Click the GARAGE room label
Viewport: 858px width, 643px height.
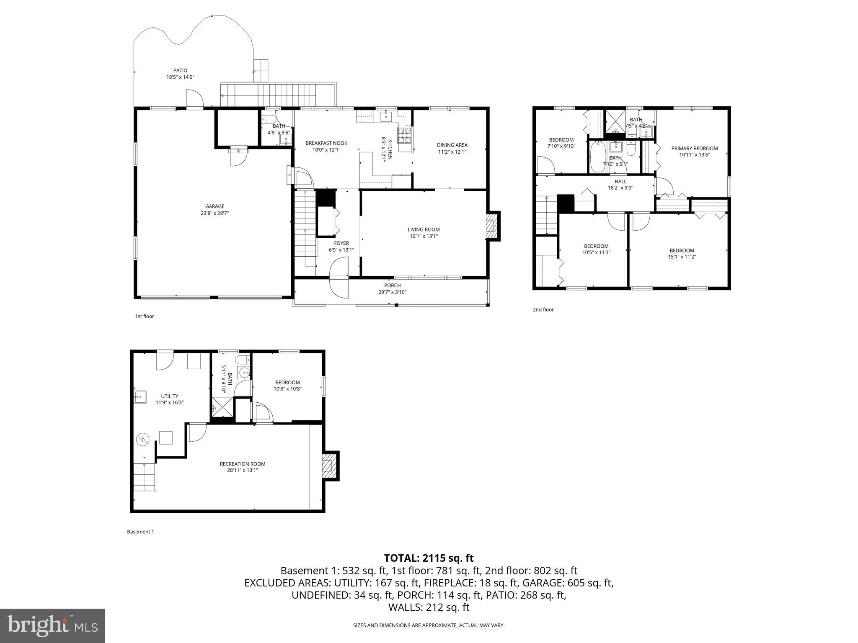click(x=214, y=206)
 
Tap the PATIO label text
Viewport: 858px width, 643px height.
click(x=180, y=71)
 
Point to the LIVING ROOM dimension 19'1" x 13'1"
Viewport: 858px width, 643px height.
click(x=424, y=236)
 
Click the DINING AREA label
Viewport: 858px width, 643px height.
click(x=452, y=145)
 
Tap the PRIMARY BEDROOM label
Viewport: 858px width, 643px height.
click(x=694, y=148)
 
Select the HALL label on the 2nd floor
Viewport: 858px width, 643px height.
click(x=620, y=181)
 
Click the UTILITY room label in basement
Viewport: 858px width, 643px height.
click(x=170, y=396)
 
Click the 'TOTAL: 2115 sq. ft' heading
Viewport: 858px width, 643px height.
click(x=429, y=558)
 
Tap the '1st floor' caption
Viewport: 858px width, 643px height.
click(x=144, y=316)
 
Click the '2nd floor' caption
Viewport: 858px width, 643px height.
click(x=543, y=309)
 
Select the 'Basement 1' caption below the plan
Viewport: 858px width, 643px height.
click(x=140, y=532)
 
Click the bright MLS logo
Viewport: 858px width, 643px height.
click(x=52, y=625)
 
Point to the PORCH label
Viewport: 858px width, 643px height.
click(x=392, y=285)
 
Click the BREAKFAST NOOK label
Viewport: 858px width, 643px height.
click(x=326, y=143)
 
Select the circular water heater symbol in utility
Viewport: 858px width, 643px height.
click(x=143, y=439)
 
